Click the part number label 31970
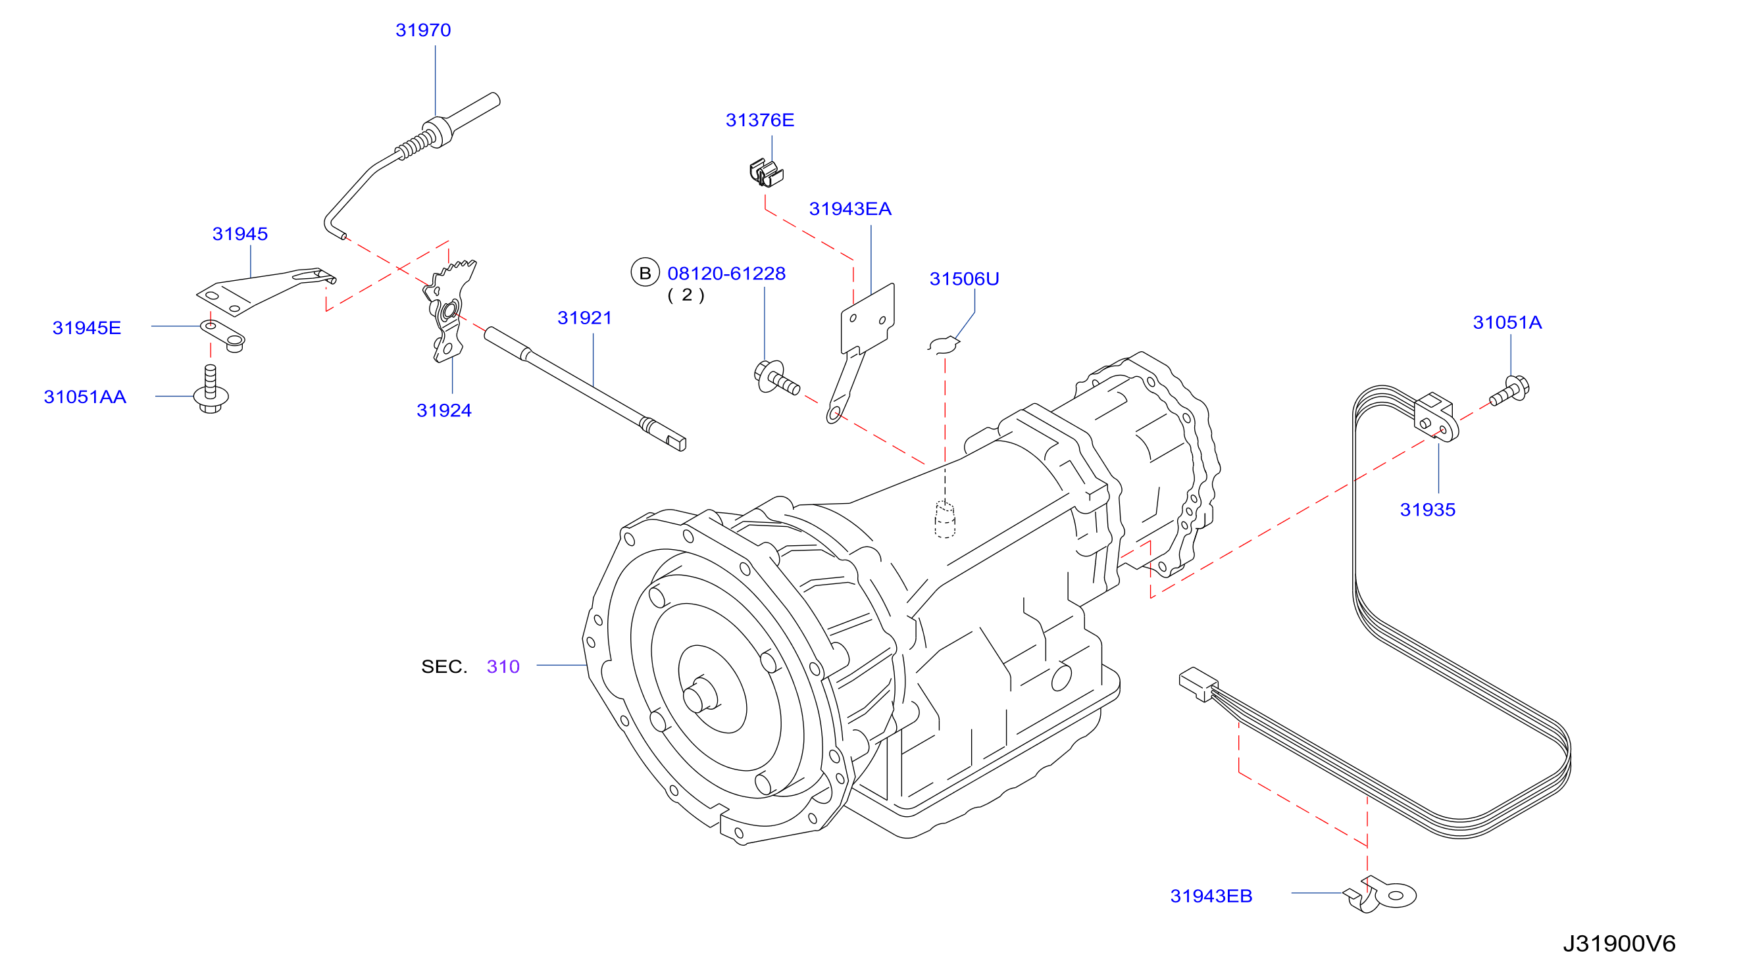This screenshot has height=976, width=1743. tap(423, 30)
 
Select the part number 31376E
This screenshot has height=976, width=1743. tap(760, 120)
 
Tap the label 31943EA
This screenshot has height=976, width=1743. tap(851, 209)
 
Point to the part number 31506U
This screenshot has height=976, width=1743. tap(964, 280)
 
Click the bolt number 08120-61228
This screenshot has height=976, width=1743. tap(726, 274)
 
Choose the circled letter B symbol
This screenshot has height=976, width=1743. tap(645, 273)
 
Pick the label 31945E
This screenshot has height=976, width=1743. tap(87, 328)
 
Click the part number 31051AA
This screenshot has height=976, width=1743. tap(86, 397)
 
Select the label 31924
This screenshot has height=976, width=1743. tap(444, 410)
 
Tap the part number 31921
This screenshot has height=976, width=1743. tap(584, 318)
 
